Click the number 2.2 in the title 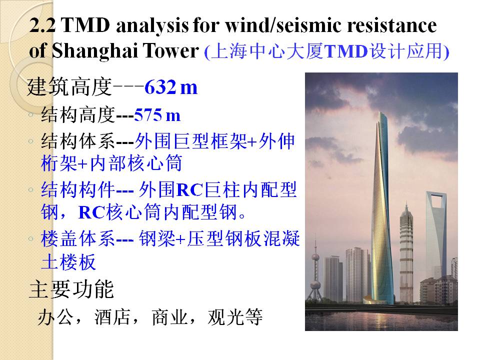click(42, 25)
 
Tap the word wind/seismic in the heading click(283, 25)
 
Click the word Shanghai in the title click(94, 50)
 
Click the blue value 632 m click(171, 87)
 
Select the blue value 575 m click(157, 115)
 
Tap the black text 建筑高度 click(69, 87)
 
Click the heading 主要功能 click(71, 289)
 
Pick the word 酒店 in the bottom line click(112, 317)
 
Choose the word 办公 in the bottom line click(55, 317)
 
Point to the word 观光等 click(235, 317)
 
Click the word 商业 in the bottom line click(169, 317)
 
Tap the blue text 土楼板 click(68, 262)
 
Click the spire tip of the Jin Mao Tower click(406, 203)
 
